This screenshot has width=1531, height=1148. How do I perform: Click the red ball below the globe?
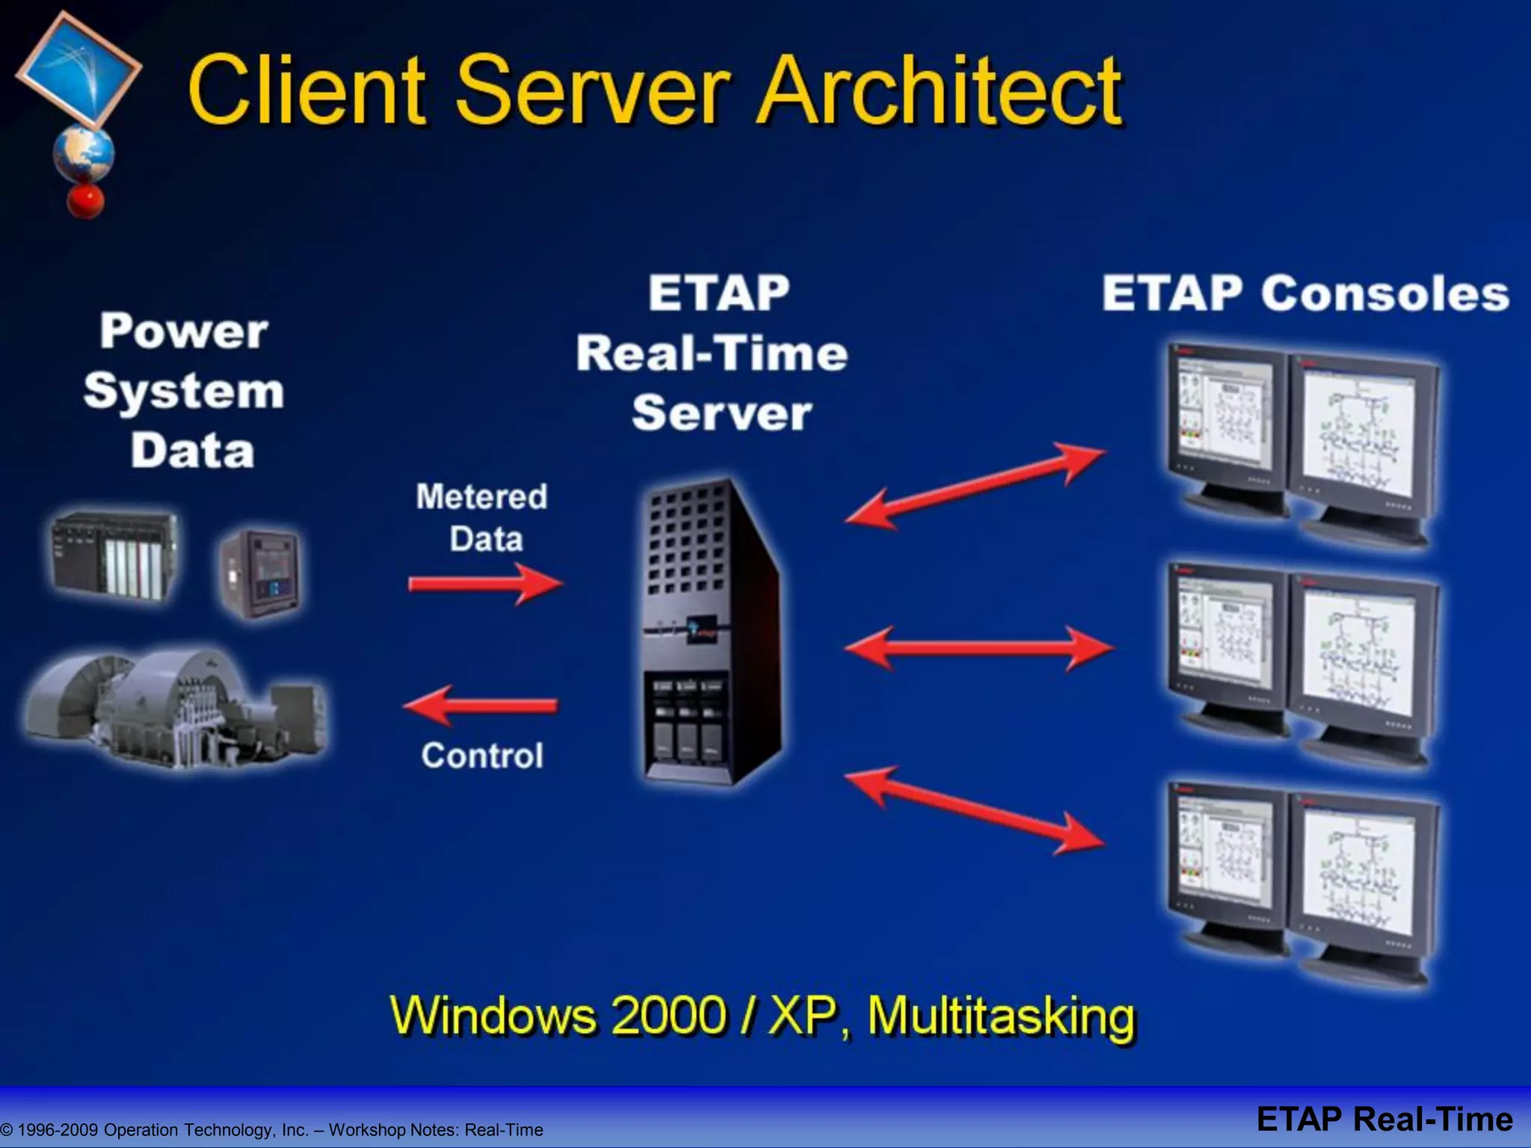pyautogui.click(x=85, y=200)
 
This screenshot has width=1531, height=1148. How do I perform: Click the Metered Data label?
pyautogui.click(x=482, y=517)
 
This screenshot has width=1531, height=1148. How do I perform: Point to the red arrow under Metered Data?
pyautogui.click(x=484, y=584)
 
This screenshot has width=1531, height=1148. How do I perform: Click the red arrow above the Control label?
pyautogui.click(x=481, y=705)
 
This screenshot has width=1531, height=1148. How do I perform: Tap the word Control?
pyautogui.click(x=482, y=756)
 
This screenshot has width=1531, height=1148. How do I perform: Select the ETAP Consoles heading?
pyautogui.click(x=1304, y=293)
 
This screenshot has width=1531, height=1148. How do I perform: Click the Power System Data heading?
pyautogui.click(x=184, y=390)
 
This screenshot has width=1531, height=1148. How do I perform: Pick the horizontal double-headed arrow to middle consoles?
pyautogui.click(x=979, y=647)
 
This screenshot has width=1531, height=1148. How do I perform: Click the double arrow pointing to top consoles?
pyautogui.click(x=975, y=486)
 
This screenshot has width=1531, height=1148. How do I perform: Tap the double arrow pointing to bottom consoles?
pyautogui.click(x=975, y=810)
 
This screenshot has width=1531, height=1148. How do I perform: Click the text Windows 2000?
pyautogui.click(x=558, y=1015)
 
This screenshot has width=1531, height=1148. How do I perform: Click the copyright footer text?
pyautogui.click(x=272, y=1129)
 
